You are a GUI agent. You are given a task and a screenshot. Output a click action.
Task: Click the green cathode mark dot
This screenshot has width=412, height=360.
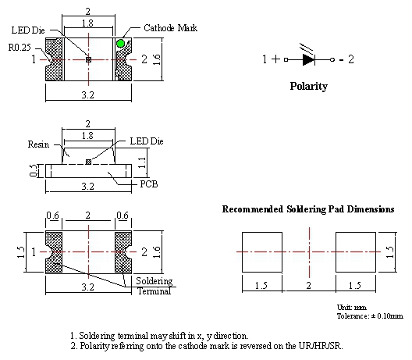click(x=121, y=44)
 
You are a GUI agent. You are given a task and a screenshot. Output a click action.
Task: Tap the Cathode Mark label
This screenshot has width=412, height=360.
click(x=171, y=28)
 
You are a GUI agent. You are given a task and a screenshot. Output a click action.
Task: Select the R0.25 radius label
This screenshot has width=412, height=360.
click(x=20, y=48)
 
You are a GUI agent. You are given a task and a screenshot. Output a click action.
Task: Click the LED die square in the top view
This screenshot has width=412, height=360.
click(x=88, y=59)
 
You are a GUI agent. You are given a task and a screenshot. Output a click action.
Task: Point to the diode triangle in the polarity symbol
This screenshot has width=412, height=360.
click(x=309, y=59)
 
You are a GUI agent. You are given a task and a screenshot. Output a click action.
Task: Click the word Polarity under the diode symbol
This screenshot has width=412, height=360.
click(x=309, y=86)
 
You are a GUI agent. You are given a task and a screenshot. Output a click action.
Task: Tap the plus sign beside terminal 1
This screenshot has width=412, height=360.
click(x=275, y=59)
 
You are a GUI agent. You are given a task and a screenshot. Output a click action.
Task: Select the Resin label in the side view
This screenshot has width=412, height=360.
click(x=38, y=144)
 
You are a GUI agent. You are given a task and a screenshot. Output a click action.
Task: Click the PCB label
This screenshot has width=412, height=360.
click(x=149, y=184)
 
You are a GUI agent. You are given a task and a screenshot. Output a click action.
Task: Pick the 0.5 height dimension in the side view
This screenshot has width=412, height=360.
click(x=33, y=171)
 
